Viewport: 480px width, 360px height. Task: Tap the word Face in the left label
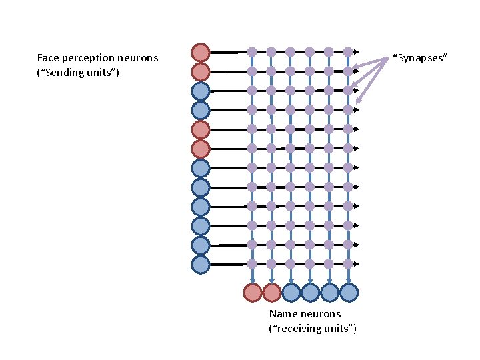pyautogui.click(x=49, y=58)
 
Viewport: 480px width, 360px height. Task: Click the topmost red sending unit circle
pyautogui.click(x=201, y=52)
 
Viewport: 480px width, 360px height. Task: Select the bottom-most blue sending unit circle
pyautogui.click(x=201, y=265)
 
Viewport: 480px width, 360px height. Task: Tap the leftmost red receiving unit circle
pyautogui.click(x=253, y=292)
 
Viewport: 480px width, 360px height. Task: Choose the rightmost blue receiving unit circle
pyautogui.click(x=349, y=292)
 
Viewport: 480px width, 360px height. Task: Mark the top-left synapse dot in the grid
pyautogui.click(x=252, y=51)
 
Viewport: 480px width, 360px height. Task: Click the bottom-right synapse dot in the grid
pyautogui.click(x=348, y=264)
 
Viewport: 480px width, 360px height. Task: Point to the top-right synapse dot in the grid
pyautogui.click(x=348, y=51)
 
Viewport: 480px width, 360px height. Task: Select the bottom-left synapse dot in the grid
pyautogui.click(x=252, y=264)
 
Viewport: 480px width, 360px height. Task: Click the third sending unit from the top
pyautogui.click(x=201, y=91)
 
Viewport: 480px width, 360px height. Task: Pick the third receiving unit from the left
pyautogui.click(x=291, y=292)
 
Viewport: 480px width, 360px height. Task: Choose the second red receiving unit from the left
pyautogui.click(x=272, y=292)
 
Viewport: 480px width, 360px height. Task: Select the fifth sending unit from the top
pyautogui.click(x=201, y=129)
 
